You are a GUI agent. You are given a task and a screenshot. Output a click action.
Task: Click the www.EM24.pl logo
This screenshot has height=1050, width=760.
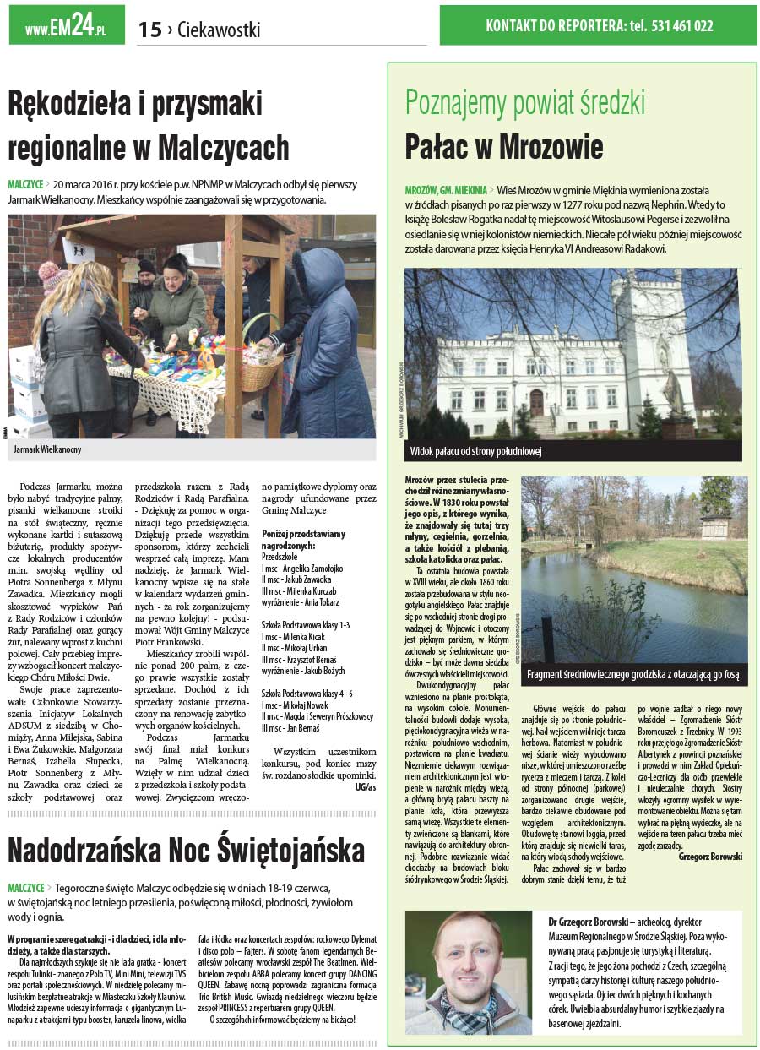tap(66, 27)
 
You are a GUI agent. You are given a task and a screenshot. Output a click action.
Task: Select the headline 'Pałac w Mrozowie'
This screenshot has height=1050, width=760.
tap(503, 146)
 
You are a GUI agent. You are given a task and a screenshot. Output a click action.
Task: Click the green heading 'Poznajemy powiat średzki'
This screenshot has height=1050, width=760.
tap(524, 103)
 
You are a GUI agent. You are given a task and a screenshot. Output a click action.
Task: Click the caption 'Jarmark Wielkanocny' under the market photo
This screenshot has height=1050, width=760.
tap(48, 450)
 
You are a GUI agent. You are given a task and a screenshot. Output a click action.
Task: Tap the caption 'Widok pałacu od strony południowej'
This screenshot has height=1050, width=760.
tap(476, 451)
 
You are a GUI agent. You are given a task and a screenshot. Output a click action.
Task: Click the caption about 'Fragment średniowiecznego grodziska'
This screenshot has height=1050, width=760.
tap(632, 674)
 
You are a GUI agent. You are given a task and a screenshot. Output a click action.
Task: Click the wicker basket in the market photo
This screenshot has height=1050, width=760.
tap(261, 370)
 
